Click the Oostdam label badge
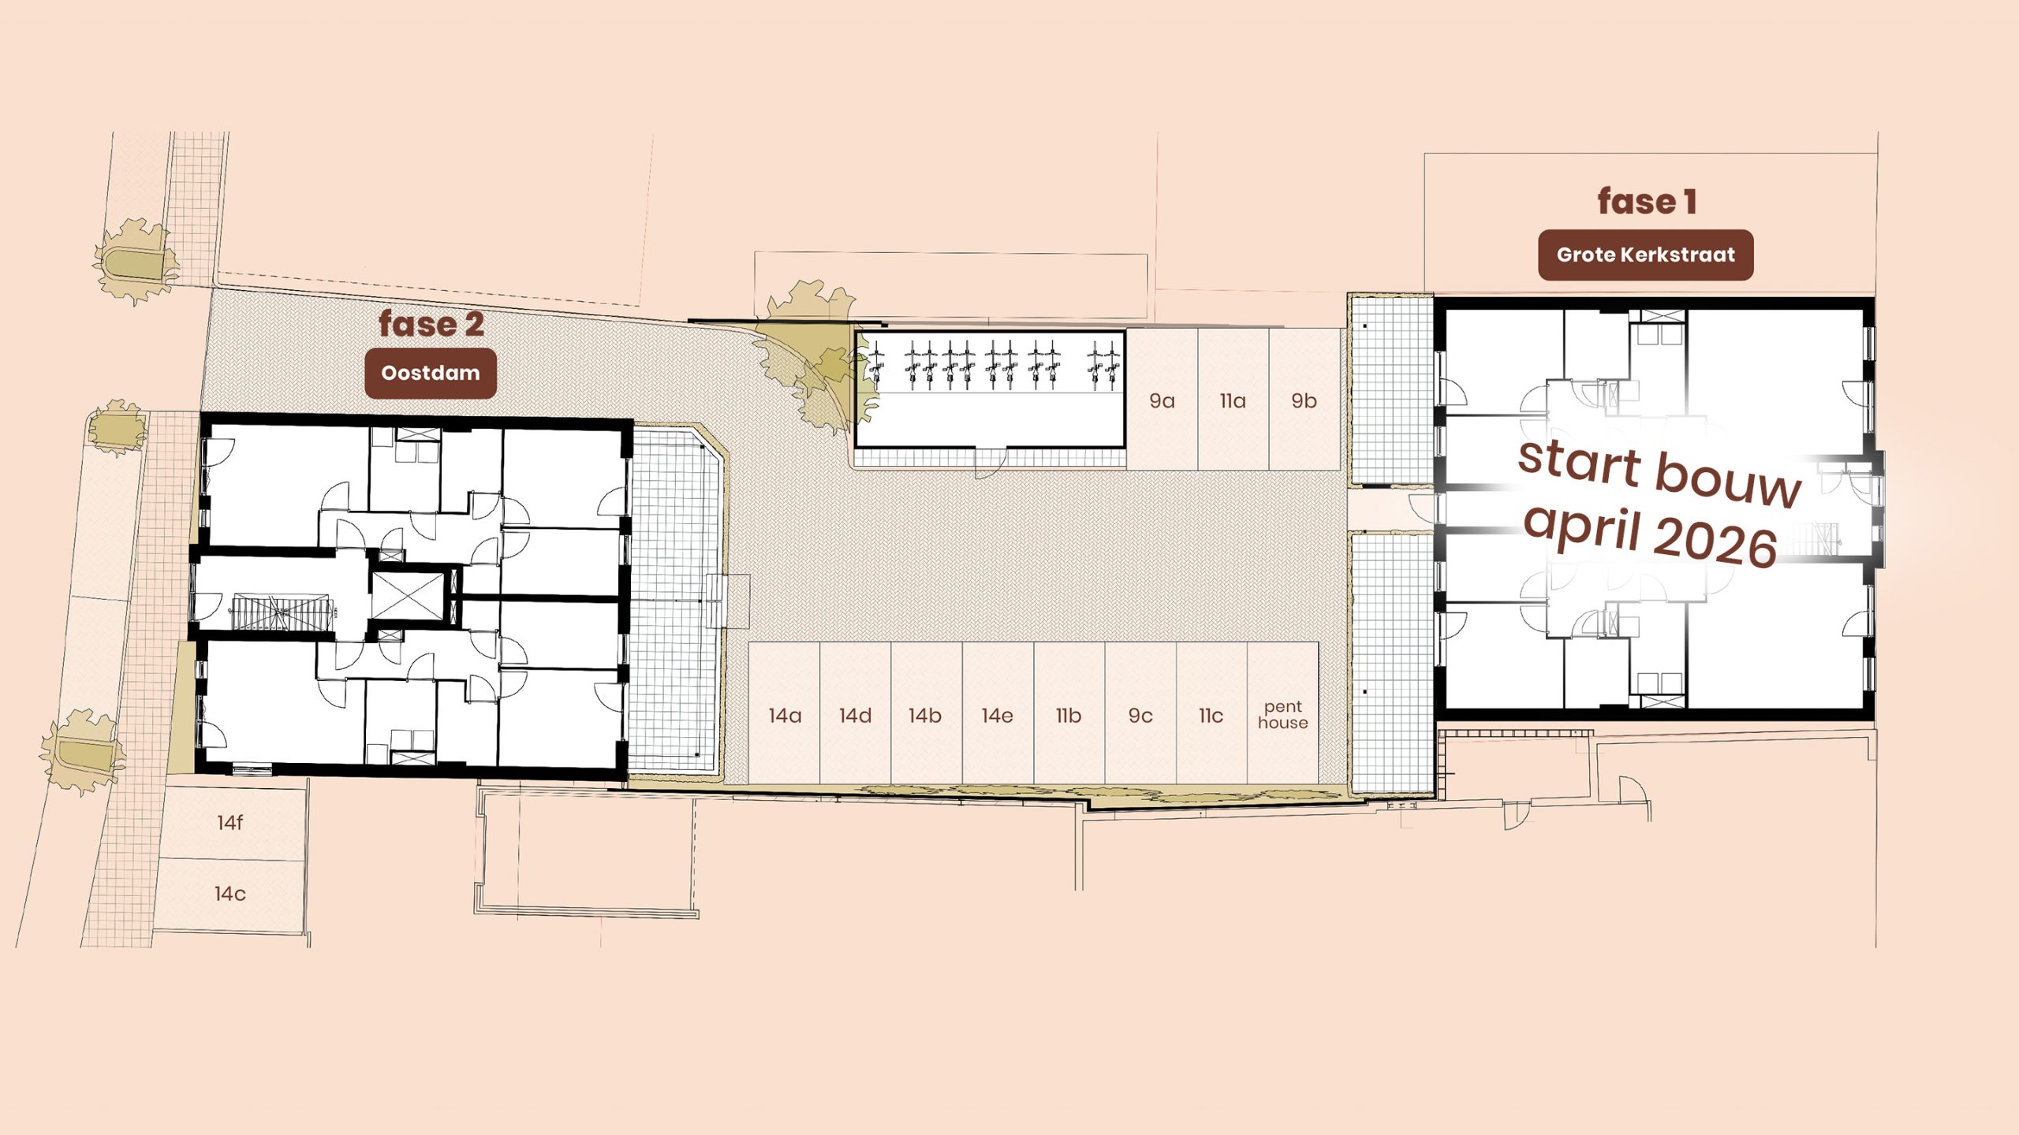coord(431,373)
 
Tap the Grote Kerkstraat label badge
coord(1646,255)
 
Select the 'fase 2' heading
coord(431,324)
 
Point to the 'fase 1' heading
coord(1647,201)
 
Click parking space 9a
coord(1163,400)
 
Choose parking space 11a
coord(1233,400)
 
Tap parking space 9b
coord(1304,400)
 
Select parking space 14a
coord(785,713)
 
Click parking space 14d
coord(856,713)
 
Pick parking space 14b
coord(927,713)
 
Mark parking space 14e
coord(998,713)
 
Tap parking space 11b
coord(1069,713)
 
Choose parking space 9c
coord(1140,713)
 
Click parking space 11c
coord(1212,713)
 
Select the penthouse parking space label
coord(1283,715)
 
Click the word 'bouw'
coord(1727,477)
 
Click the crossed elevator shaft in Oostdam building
coord(408,596)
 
